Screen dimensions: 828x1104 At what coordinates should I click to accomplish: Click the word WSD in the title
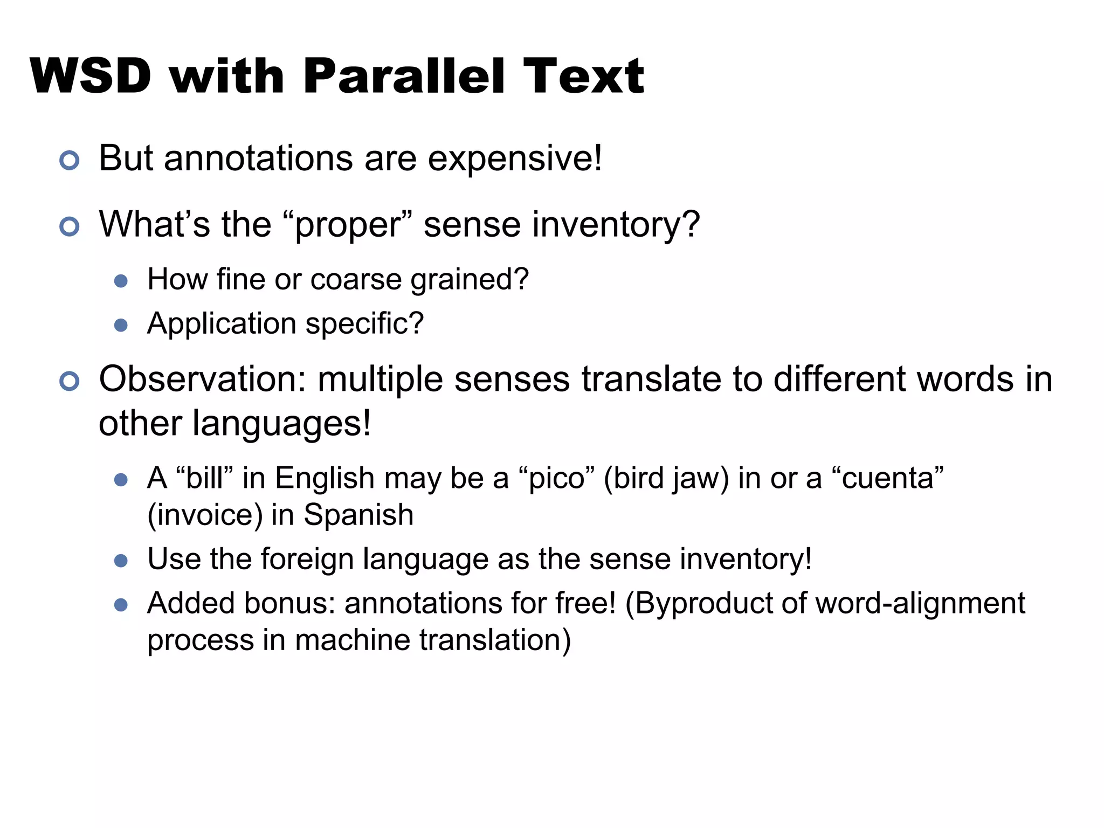pyautogui.click(x=91, y=76)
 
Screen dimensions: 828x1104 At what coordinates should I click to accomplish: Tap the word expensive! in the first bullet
pyautogui.click(x=515, y=160)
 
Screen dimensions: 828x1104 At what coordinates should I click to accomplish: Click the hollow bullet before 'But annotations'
pyautogui.click(x=70, y=160)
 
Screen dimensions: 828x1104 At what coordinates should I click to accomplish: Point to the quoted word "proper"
pyautogui.click(x=347, y=225)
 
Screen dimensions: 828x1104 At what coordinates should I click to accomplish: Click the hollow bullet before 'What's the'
pyautogui.click(x=70, y=226)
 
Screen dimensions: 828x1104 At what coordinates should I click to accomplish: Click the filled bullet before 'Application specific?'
pyautogui.click(x=121, y=325)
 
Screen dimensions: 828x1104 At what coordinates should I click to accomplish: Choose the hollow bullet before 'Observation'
pyautogui.click(x=70, y=381)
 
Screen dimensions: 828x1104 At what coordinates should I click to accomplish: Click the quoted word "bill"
pyautogui.click(x=204, y=478)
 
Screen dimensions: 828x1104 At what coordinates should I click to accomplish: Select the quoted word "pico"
pyautogui.click(x=556, y=478)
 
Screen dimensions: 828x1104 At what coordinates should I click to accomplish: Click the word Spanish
pyautogui.click(x=358, y=515)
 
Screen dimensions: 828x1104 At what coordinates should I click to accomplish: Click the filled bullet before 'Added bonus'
pyautogui.click(x=121, y=605)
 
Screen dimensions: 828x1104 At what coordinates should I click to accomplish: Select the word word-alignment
pyautogui.click(x=920, y=603)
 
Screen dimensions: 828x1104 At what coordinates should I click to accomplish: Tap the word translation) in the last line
pyautogui.click(x=495, y=640)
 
